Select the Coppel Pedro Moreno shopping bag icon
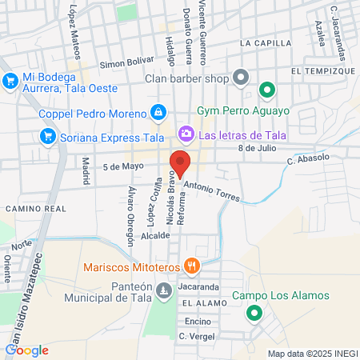pos(158,112)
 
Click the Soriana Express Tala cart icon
pos(48,136)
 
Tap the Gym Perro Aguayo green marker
pos(266,89)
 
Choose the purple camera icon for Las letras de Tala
pos(186,133)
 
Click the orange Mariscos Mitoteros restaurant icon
pos(190,266)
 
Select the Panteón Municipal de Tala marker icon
pos(164,290)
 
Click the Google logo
pos(27,350)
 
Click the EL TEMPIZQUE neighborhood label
pos(318,71)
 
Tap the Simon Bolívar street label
pos(126,62)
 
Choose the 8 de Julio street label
pos(257,148)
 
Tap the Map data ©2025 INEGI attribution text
pos(312,353)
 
